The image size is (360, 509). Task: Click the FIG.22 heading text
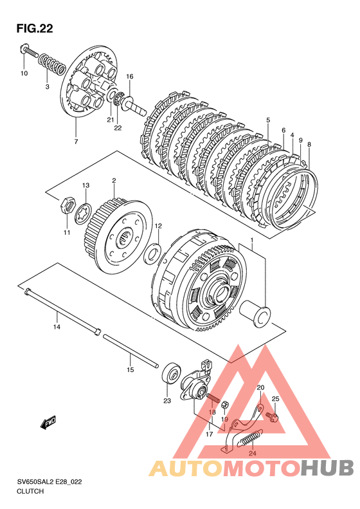34,28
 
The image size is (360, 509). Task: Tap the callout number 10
24,73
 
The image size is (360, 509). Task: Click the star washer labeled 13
84,213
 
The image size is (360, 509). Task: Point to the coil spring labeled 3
52,62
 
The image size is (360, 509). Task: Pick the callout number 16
130,77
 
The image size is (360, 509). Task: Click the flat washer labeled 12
153,253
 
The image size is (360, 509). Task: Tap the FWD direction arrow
48,422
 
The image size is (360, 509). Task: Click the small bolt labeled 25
271,416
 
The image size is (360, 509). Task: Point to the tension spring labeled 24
251,438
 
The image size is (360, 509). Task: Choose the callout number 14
57,327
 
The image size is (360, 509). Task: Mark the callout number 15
130,369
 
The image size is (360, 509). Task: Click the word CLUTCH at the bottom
30,491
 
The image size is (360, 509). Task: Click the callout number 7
76,142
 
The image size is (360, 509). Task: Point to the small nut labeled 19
226,405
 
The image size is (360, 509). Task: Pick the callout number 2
114,180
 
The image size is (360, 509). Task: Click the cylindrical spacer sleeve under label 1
255,314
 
